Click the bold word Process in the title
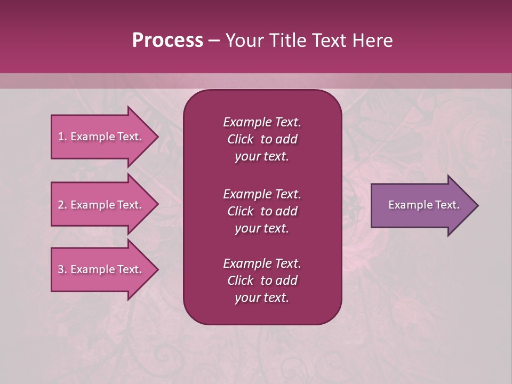(x=167, y=40)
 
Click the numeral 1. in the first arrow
(x=62, y=137)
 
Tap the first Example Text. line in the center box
(x=262, y=122)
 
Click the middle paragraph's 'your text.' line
(x=262, y=228)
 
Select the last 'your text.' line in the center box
(x=262, y=298)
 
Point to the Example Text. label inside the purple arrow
(x=424, y=205)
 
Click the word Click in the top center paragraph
(x=240, y=139)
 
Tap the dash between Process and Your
(x=214, y=41)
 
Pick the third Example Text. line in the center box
(x=262, y=263)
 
